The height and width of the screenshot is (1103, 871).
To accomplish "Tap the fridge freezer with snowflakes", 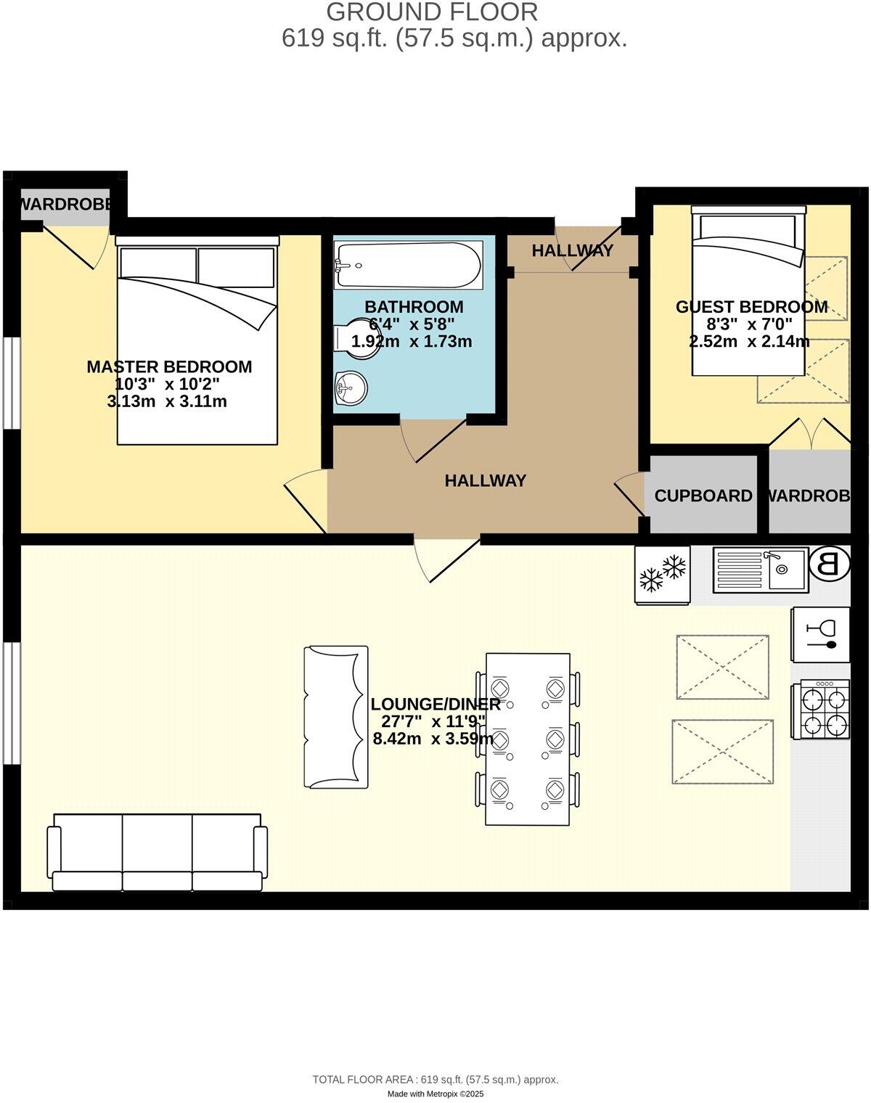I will [662, 574].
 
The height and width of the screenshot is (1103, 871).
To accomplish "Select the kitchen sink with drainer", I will [759, 570].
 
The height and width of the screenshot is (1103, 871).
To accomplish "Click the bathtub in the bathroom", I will [408, 266].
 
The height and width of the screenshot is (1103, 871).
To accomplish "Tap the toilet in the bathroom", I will [354, 338].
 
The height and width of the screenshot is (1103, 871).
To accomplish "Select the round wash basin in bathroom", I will [351, 389].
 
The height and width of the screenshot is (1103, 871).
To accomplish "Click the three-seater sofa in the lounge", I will [157, 851].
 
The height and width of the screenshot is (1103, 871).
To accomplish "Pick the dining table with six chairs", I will [528, 739].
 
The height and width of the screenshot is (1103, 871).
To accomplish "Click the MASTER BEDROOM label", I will [169, 367].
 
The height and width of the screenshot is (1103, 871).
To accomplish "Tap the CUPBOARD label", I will [703, 496].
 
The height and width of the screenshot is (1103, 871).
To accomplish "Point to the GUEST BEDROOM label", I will [751, 307].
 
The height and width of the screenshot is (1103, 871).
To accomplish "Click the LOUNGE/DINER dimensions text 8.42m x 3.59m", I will [433, 739].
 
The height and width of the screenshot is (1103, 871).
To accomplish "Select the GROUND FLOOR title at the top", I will [432, 12].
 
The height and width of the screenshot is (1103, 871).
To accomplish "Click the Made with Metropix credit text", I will [435, 1094].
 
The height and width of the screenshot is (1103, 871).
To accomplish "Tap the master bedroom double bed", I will [197, 341].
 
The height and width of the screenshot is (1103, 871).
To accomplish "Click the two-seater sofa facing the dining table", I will [336, 717].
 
